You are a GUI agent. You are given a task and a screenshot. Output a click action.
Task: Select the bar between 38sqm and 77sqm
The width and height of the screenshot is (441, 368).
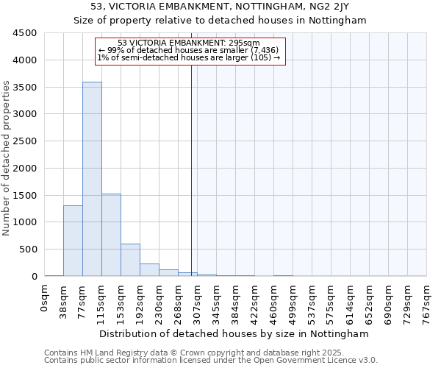(x=73, y=241)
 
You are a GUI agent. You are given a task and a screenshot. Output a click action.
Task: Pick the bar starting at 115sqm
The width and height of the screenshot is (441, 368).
(x=111, y=235)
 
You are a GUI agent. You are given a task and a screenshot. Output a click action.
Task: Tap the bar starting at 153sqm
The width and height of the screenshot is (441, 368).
(x=130, y=260)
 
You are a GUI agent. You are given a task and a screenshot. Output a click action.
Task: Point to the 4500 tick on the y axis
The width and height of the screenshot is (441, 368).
(x=25, y=33)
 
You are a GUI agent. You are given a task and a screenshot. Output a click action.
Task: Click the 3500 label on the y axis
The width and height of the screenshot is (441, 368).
(x=25, y=87)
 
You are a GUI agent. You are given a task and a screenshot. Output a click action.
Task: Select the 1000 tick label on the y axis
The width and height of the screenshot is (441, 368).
(x=25, y=222)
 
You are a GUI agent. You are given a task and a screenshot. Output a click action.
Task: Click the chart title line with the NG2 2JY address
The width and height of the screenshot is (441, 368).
(x=220, y=7)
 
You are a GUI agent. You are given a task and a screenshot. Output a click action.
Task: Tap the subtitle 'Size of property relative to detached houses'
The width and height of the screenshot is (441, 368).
(x=220, y=21)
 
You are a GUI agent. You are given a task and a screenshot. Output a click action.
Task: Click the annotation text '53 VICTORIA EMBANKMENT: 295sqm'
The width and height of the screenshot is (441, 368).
(x=189, y=43)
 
